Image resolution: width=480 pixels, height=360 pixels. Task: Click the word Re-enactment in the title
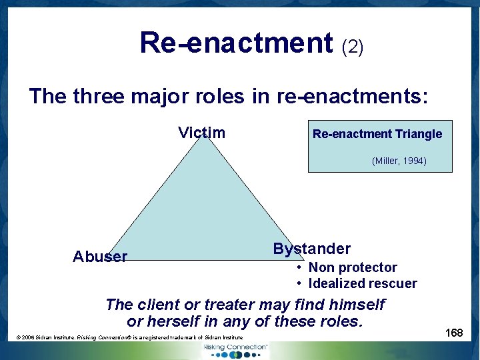(x=236, y=43)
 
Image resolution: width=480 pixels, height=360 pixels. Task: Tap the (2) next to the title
(x=352, y=47)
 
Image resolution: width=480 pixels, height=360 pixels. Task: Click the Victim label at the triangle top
(x=201, y=133)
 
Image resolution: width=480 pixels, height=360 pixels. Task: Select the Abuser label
(x=100, y=257)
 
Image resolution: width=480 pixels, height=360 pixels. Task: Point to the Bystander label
(x=311, y=249)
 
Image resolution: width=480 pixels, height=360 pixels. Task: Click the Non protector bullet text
(x=352, y=267)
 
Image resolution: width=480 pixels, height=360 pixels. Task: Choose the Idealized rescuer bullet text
(x=362, y=283)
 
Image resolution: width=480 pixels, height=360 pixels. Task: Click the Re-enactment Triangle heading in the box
(x=377, y=134)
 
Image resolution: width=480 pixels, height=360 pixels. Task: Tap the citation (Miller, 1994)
(x=399, y=161)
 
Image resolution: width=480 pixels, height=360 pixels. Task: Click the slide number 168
(x=454, y=333)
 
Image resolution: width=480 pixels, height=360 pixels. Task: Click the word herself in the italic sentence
(x=177, y=321)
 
